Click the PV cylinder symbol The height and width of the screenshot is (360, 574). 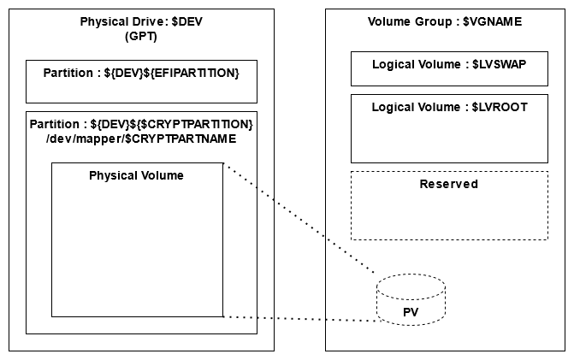411,300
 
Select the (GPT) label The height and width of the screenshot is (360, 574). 141,37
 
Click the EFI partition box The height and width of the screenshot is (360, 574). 141,82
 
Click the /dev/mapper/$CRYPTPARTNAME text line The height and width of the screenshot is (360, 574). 141,139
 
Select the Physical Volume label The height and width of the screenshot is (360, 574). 137,175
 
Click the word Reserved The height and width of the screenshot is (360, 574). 449,184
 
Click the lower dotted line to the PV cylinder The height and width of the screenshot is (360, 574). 299,319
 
